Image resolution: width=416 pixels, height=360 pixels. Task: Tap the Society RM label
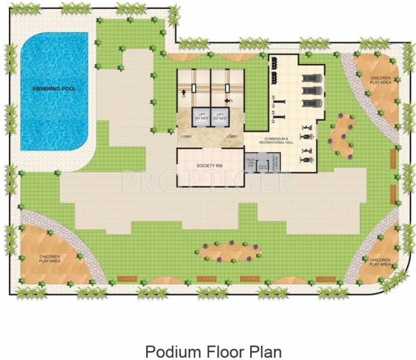click(x=209, y=166)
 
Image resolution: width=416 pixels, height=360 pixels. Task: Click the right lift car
click(x=221, y=116)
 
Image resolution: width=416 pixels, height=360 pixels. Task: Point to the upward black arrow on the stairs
click(x=183, y=92)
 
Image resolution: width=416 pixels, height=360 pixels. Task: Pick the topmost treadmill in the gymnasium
click(x=309, y=76)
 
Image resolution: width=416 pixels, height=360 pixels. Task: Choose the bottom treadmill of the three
click(x=309, y=104)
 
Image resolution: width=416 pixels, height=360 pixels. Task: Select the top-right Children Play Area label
click(x=380, y=80)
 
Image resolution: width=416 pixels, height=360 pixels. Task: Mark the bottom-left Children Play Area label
click(x=50, y=259)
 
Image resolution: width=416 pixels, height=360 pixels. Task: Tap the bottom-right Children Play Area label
click(x=379, y=262)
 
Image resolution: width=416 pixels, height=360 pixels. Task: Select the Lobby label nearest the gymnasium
click(x=232, y=137)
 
